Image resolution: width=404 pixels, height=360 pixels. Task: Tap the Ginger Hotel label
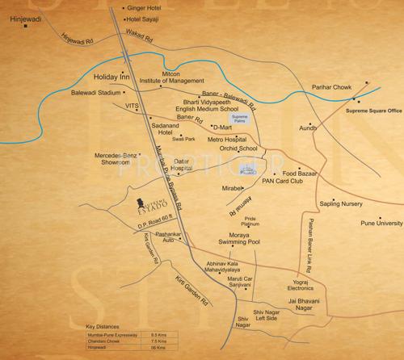(147, 7)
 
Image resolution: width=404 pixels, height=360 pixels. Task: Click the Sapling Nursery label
(353, 205)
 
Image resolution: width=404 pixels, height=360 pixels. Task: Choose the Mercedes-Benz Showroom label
(116, 157)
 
